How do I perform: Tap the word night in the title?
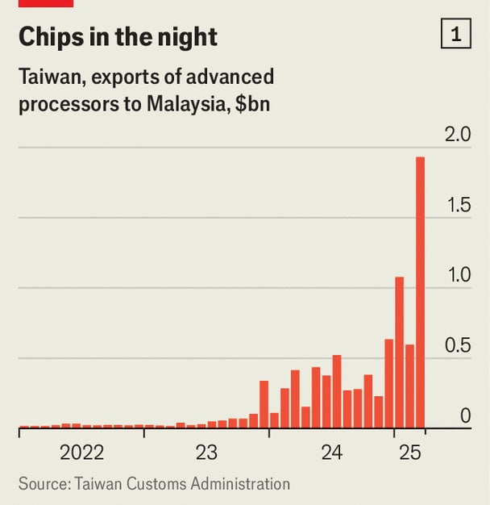click(x=187, y=36)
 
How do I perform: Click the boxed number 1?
click(x=456, y=35)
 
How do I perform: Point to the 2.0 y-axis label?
click(x=457, y=134)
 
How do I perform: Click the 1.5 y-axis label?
click(x=457, y=205)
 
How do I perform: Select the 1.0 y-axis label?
click(x=457, y=275)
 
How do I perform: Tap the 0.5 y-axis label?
click(x=457, y=345)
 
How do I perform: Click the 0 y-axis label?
click(x=465, y=415)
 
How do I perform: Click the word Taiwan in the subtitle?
click(x=46, y=78)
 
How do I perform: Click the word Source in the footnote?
click(x=42, y=484)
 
